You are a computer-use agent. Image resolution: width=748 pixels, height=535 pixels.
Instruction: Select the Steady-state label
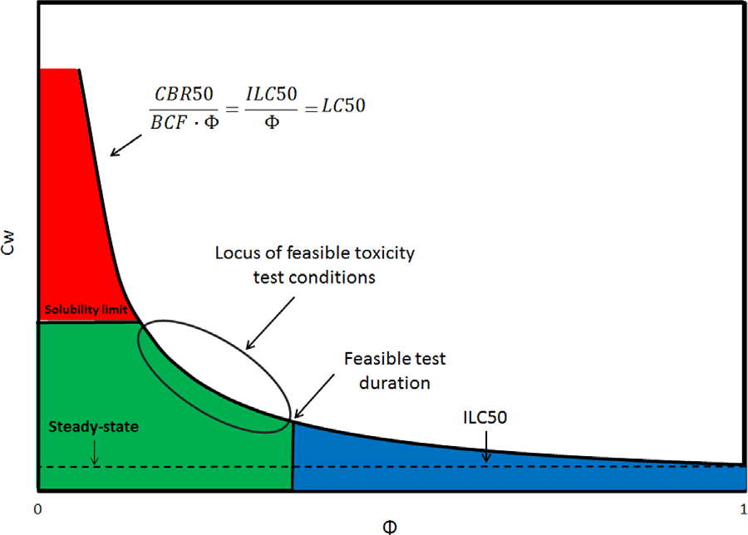(81, 429)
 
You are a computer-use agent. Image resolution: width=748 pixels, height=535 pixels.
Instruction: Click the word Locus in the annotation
(237, 253)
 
